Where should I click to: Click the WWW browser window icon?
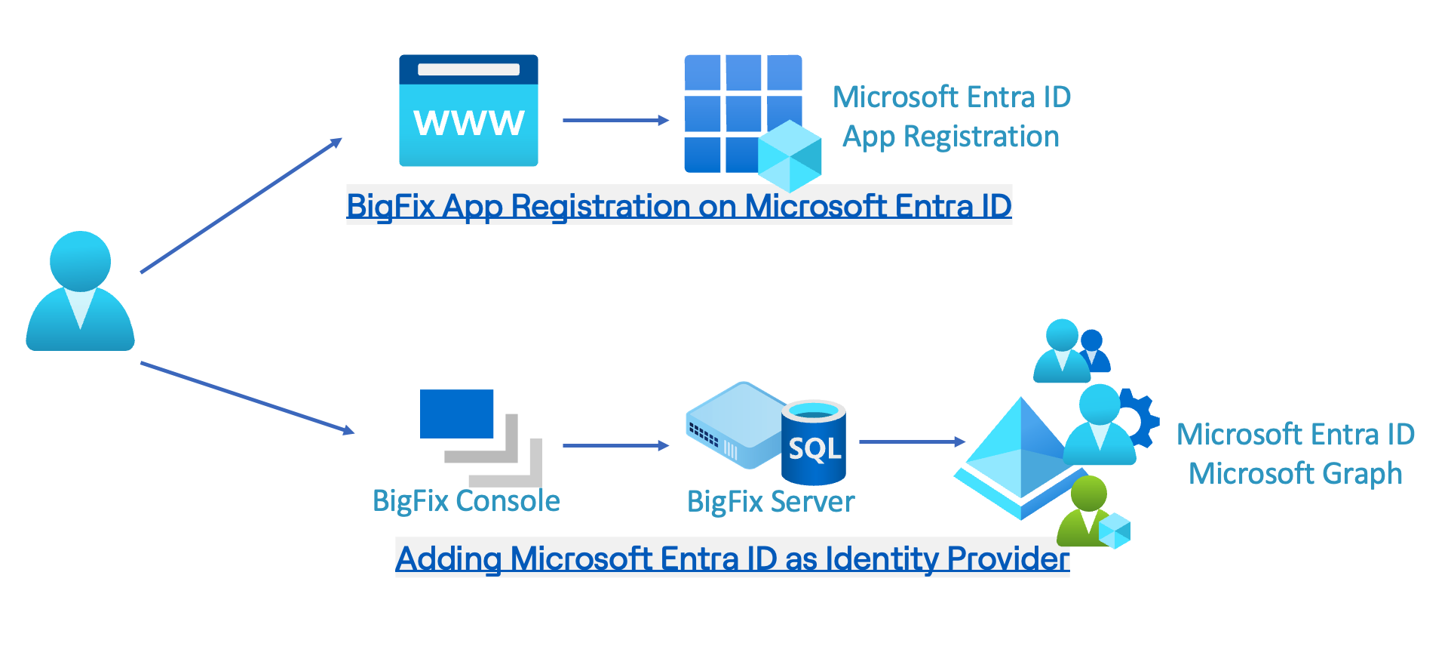click(x=468, y=111)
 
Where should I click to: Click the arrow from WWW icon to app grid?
click(x=615, y=120)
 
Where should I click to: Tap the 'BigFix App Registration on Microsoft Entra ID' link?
click(x=679, y=206)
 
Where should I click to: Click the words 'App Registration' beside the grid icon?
click(x=951, y=137)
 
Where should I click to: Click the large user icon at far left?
click(x=80, y=291)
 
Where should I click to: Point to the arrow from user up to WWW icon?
click(x=241, y=205)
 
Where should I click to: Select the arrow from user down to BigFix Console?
click(x=247, y=398)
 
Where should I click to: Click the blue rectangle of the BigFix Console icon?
click(x=456, y=414)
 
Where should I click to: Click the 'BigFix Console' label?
click(x=466, y=501)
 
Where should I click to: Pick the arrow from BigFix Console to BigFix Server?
click(x=615, y=445)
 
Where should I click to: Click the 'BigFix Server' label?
click(x=771, y=502)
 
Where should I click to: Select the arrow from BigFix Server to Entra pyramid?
click(x=911, y=441)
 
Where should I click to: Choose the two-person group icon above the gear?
click(x=1071, y=351)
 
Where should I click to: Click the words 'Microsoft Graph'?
click(x=1295, y=474)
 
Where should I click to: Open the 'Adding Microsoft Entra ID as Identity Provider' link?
click(x=732, y=558)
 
